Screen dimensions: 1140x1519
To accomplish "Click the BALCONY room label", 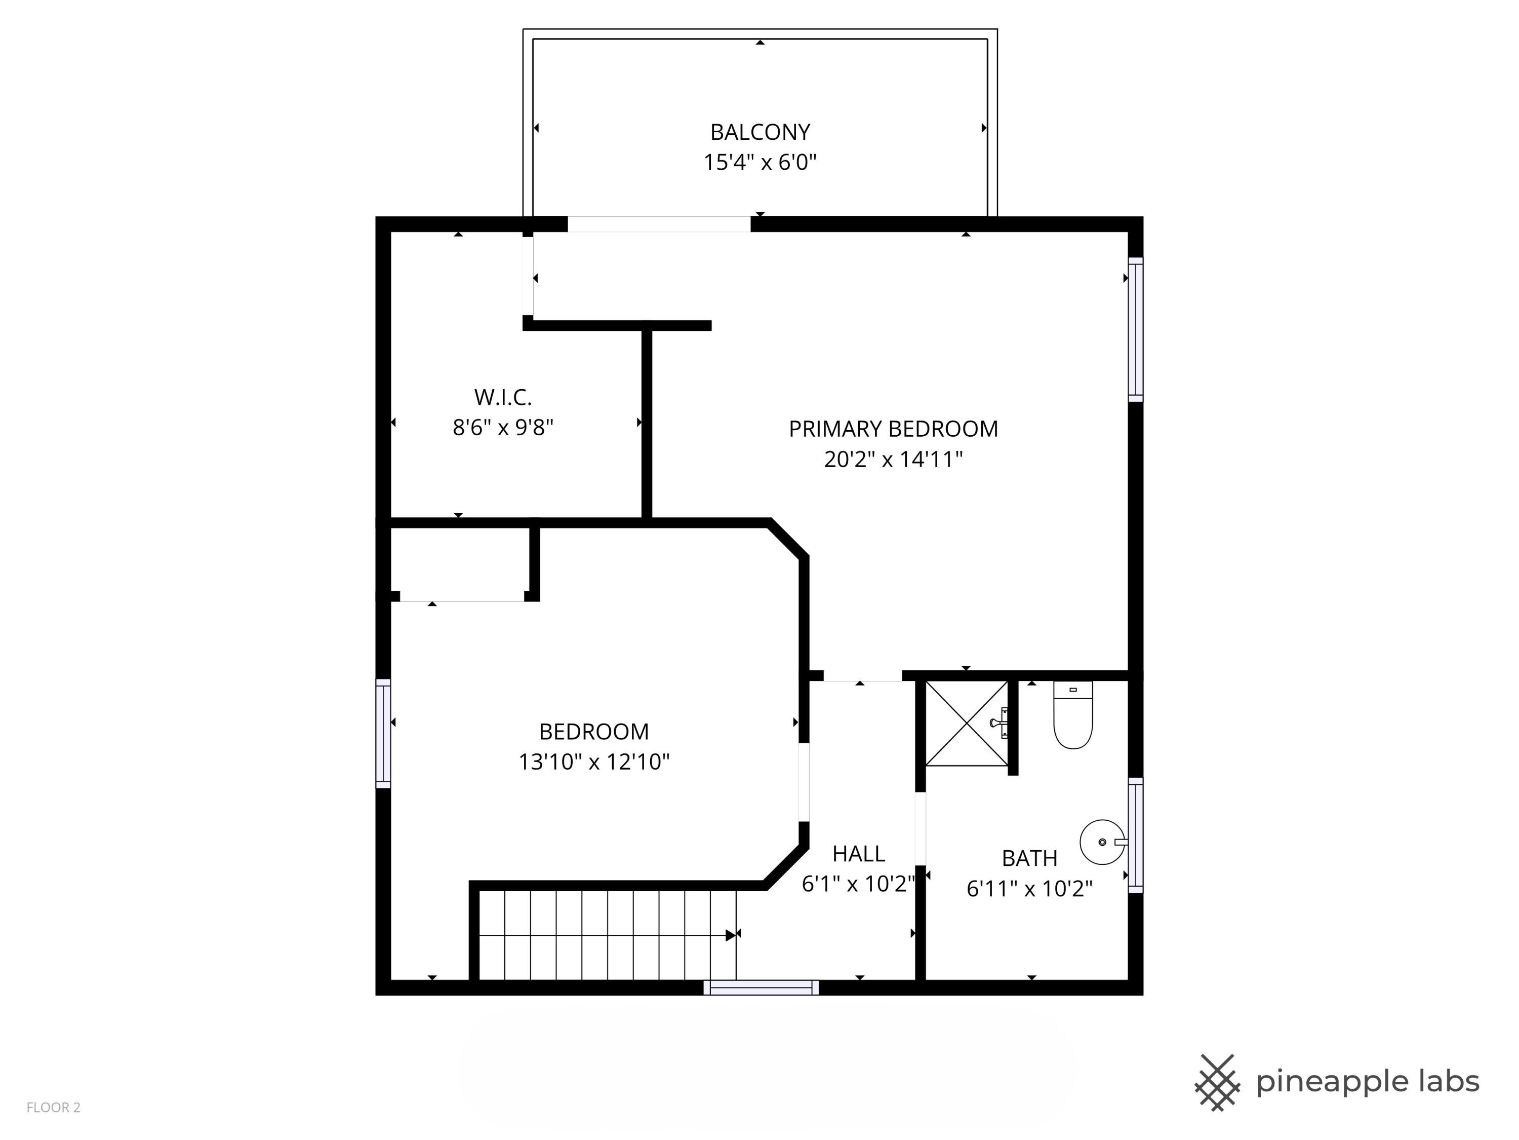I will pyautogui.click(x=759, y=131).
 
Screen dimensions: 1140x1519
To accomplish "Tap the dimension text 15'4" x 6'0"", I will pyautogui.click(x=759, y=162).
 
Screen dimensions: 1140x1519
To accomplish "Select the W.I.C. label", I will pyautogui.click(x=503, y=397).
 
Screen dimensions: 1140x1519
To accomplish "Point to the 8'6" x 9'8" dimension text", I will pyautogui.click(x=503, y=428).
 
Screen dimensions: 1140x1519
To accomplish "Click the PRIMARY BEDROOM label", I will pyautogui.click(x=893, y=429).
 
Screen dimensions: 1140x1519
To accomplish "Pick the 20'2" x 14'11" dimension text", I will pyautogui.click(x=893, y=459).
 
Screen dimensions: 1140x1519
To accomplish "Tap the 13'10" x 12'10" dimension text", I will pyautogui.click(x=593, y=762).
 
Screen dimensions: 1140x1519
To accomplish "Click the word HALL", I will pyautogui.click(x=858, y=853).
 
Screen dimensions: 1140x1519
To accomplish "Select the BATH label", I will pyautogui.click(x=1029, y=858).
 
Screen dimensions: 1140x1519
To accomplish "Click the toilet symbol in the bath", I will pyautogui.click(x=1072, y=714).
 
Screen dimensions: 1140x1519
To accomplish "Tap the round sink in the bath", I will pyautogui.click(x=1101, y=842).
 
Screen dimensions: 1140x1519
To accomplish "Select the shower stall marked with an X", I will pyautogui.click(x=967, y=723).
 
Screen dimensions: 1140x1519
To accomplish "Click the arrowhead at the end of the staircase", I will pyautogui.click(x=731, y=935).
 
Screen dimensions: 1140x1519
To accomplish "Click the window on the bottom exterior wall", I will pyautogui.click(x=761, y=987).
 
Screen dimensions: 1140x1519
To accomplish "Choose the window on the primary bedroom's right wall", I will pyautogui.click(x=1136, y=330).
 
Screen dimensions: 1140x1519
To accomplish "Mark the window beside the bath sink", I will pyautogui.click(x=1136, y=835).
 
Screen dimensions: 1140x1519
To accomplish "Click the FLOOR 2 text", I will pyautogui.click(x=54, y=1107).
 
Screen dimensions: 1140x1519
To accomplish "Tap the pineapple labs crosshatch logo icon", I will pyautogui.click(x=1217, y=1082).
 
